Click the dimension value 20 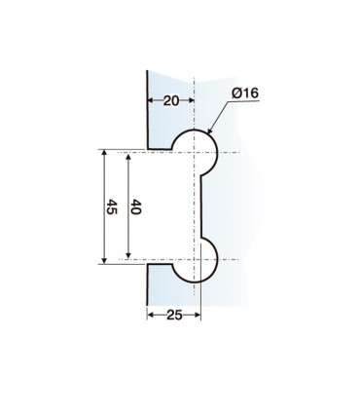[170, 99]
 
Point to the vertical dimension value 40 [135, 208]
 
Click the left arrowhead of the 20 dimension [151, 99]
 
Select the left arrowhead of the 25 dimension [151, 314]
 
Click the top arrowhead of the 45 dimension [103, 154]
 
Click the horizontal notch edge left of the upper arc [160, 151]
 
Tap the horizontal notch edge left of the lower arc [160, 263]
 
